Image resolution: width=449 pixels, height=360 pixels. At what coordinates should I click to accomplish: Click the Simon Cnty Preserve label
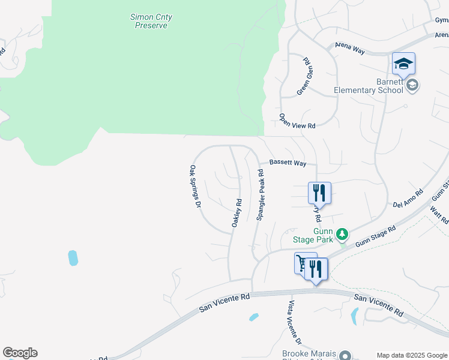coord(151,22)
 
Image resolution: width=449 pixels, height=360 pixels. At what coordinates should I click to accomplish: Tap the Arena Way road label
coord(350,47)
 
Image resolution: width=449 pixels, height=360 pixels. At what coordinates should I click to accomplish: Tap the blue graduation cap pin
coord(403,63)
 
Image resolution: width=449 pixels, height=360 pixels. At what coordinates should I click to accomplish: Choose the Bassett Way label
coord(288,163)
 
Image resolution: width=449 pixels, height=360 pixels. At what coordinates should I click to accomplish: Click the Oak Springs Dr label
coord(195,187)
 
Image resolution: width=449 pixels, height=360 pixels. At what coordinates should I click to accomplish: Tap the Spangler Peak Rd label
coord(261,196)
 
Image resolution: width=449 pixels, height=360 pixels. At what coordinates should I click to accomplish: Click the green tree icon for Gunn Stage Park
coord(342,233)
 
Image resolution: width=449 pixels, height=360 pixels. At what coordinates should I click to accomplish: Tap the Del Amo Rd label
coord(408,199)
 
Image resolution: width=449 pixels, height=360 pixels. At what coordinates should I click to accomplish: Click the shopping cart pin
coord(303,263)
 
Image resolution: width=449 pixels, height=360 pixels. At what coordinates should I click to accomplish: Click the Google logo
coord(20,353)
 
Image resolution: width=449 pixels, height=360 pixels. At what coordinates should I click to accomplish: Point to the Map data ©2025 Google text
coord(412,355)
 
